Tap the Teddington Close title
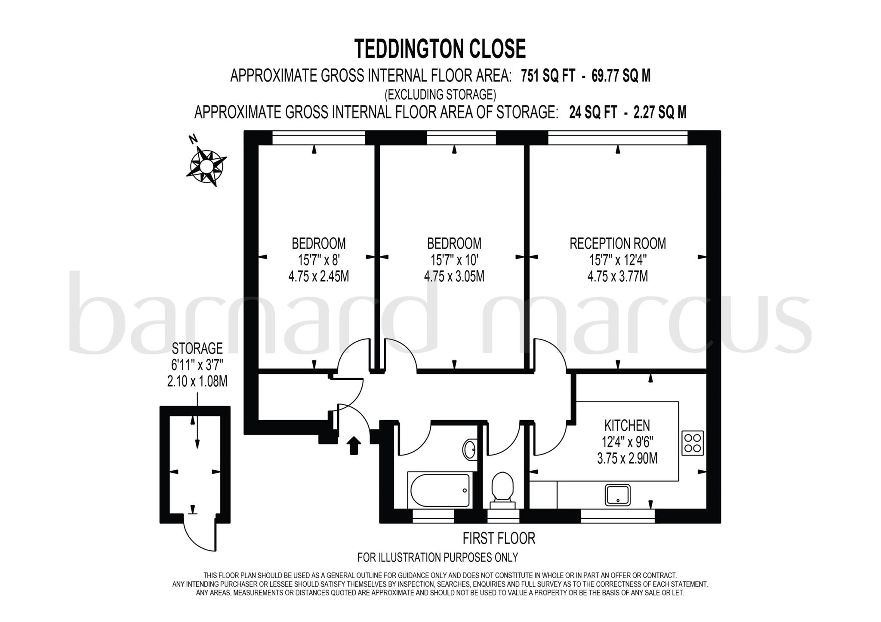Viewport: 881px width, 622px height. pos(440,49)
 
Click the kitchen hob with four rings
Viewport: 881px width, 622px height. pos(693,443)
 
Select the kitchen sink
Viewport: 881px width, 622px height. pos(618,495)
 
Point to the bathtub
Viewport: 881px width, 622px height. pos(440,490)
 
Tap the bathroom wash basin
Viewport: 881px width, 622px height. pos(470,450)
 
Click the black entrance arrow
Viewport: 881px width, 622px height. pos(354,445)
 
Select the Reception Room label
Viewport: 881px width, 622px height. pos(617,243)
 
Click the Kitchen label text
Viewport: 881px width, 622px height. pos(627,425)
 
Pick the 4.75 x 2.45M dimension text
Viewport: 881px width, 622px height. pos(318,276)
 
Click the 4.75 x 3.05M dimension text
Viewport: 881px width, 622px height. pos(454,276)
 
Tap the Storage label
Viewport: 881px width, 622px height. pos(197,348)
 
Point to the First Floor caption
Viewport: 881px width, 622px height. pos(499,538)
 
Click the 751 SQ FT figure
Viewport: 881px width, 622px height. pos(548,76)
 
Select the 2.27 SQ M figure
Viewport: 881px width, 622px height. pos(660,113)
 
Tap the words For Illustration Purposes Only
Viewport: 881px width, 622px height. pos(437,557)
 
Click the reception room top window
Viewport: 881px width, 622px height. pos(617,139)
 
